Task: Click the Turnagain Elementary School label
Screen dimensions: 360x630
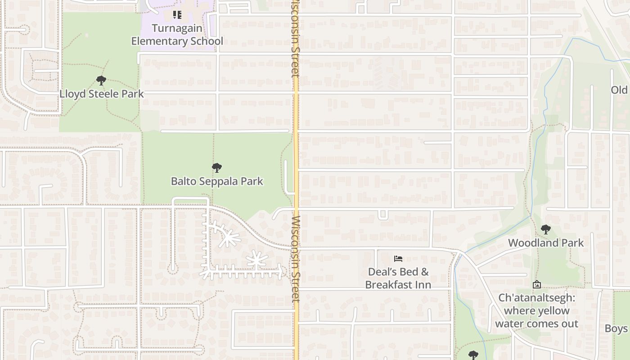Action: tap(177, 34)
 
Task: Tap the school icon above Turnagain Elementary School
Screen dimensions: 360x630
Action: tap(177, 15)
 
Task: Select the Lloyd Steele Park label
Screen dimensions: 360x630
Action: tap(102, 94)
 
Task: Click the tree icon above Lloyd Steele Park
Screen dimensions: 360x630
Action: tap(101, 81)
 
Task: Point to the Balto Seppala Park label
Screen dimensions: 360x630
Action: tap(217, 181)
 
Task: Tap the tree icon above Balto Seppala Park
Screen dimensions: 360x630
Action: tap(217, 168)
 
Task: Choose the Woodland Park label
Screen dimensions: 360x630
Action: tap(546, 243)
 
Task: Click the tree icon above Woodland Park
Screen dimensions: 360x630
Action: tap(546, 230)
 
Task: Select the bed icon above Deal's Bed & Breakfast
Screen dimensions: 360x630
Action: tap(398, 259)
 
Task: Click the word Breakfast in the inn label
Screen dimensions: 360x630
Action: tap(392, 285)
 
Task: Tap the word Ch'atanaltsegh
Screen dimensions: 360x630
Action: tap(536, 298)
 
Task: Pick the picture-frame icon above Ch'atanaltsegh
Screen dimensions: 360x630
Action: tap(536, 285)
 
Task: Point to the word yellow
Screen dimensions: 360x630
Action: tap(555, 310)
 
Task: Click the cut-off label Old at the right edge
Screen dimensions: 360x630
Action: tap(619, 90)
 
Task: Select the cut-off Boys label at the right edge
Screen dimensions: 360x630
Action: tap(616, 328)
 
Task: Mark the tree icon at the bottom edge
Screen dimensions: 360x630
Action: tap(472, 355)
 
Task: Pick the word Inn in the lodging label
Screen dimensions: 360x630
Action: tap(423, 285)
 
